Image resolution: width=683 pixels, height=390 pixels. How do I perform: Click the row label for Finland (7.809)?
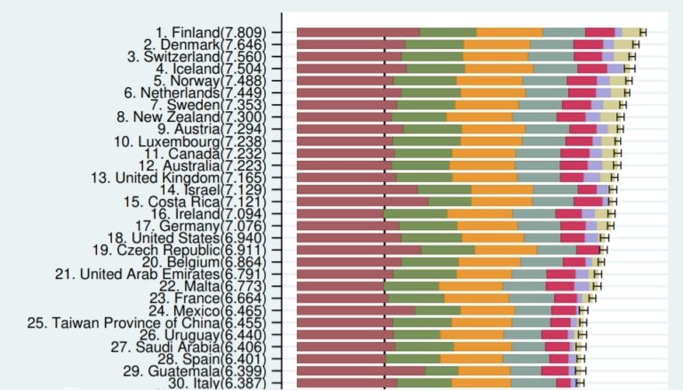[x=213, y=32]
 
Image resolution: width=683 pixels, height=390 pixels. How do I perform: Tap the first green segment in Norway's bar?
[x=425, y=80]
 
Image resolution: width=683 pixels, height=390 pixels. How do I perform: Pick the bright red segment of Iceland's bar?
[x=591, y=68]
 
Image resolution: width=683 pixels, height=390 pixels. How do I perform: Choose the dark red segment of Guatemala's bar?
[x=360, y=370]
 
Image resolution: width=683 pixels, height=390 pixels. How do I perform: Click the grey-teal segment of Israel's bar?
[x=554, y=189]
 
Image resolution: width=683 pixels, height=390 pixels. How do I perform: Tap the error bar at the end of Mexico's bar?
[x=583, y=310]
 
